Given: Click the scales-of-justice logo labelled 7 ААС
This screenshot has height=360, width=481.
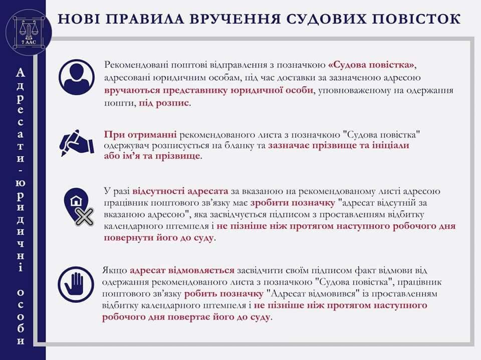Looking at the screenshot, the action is pyautogui.click(x=29, y=32).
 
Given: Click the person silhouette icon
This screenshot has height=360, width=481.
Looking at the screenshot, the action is pyautogui.click(x=77, y=77).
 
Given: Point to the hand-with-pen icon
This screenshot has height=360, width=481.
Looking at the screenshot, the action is pyautogui.click(x=77, y=143).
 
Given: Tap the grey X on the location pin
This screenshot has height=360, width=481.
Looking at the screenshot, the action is pyautogui.click(x=84, y=217).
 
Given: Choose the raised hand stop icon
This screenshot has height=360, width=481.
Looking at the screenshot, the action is pyautogui.click(x=76, y=284).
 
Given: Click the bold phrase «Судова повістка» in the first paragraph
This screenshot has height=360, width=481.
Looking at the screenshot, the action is pyautogui.click(x=372, y=65).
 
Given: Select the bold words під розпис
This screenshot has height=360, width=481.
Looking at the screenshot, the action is pyautogui.click(x=164, y=103).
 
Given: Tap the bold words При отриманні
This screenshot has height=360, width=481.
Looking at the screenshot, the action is pyautogui.click(x=140, y=135).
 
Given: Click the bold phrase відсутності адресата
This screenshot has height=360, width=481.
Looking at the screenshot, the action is pyautogui.click(x=180, y=191).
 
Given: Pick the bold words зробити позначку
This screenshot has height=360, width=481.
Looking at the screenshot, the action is pyautogui.click(x=293, y=203).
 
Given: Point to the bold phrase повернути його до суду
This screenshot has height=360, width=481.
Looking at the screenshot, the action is pyautogui.click(x=159, y=238).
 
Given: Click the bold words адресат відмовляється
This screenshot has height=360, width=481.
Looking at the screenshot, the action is pyautogui.click(x=182, y=270).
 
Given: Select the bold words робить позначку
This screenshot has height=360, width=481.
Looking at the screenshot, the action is pyautogui.click(x=224, y=294).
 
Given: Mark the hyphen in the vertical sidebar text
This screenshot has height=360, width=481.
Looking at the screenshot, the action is pyautogui.click(x=20, y=170).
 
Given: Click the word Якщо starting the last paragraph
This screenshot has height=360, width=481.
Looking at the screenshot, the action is pyautogui.click(x=114, y=271).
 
